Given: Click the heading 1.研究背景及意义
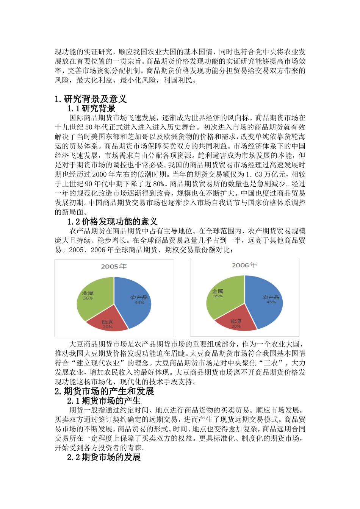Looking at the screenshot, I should point(91,99).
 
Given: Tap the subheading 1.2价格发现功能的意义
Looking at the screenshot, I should point(112,222).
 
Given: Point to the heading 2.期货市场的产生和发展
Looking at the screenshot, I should point(104,391).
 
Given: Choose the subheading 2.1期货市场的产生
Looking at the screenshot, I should point(104,401).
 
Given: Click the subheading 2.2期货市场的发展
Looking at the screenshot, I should point(104,457).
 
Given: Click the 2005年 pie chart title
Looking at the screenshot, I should point(114,266).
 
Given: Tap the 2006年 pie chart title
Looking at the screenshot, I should point(244,265).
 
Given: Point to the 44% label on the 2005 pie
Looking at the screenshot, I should point(139,303).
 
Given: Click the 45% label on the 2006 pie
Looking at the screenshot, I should point(271,302).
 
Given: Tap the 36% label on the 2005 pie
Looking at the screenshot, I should point(88,298).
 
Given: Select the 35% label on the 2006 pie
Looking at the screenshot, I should point(218,296).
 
